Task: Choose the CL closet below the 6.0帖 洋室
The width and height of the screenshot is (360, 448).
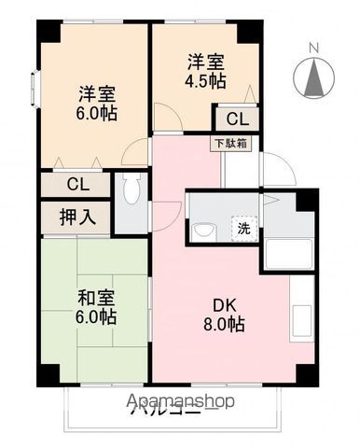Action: point(76,185)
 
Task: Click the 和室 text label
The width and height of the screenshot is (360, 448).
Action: point(96,299)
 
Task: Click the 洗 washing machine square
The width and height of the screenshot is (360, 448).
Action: point(242,229)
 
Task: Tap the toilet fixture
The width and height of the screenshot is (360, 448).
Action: point(132,191)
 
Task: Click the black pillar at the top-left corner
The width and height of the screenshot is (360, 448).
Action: point(46,31)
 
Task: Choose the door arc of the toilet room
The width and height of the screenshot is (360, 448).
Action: point(134,153)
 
